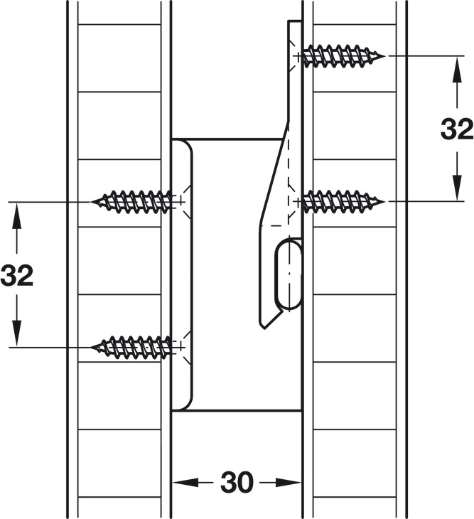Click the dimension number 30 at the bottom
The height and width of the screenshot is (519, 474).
pos(237,483)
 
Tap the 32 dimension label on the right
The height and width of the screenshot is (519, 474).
pos(456,129)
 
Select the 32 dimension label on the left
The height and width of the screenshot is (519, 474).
pos(17,275)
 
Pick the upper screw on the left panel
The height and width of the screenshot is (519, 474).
pos(135,201)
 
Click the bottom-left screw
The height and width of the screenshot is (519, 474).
pos(135,346)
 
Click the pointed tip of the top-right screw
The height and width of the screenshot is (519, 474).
pos(384,55)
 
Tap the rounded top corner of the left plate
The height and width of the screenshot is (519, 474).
pos(186,145)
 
